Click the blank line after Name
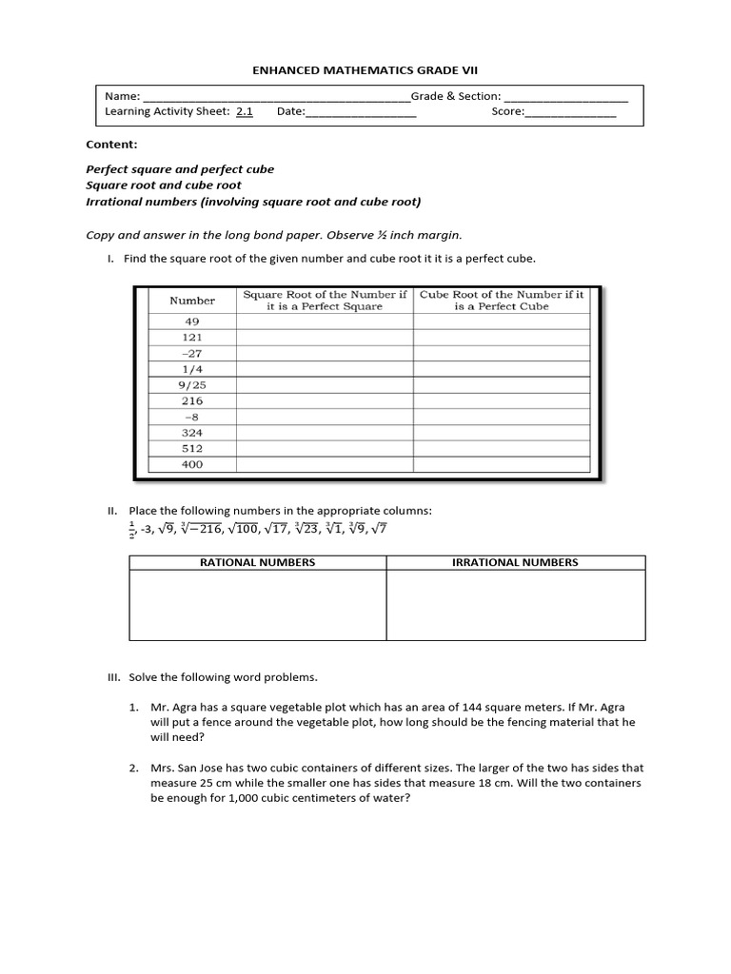tap(275, 97)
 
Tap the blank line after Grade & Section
tap(564, 97)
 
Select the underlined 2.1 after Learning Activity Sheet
tap(245, 112)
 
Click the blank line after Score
tap(570, 112)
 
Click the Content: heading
tap(111, 145)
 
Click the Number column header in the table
tap(192, 301)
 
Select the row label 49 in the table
tap(192, 321)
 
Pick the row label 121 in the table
tap(192, 338)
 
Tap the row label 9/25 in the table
tap(192, 385)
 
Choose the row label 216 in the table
tap(192, 401)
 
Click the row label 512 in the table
tap(192, 448)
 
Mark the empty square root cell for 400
tap(325, 465)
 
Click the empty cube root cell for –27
tap(503, 353)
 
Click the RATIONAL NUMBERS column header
tap(257, 562)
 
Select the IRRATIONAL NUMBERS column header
tap(515, 562)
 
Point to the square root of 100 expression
tap(238, 529)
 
